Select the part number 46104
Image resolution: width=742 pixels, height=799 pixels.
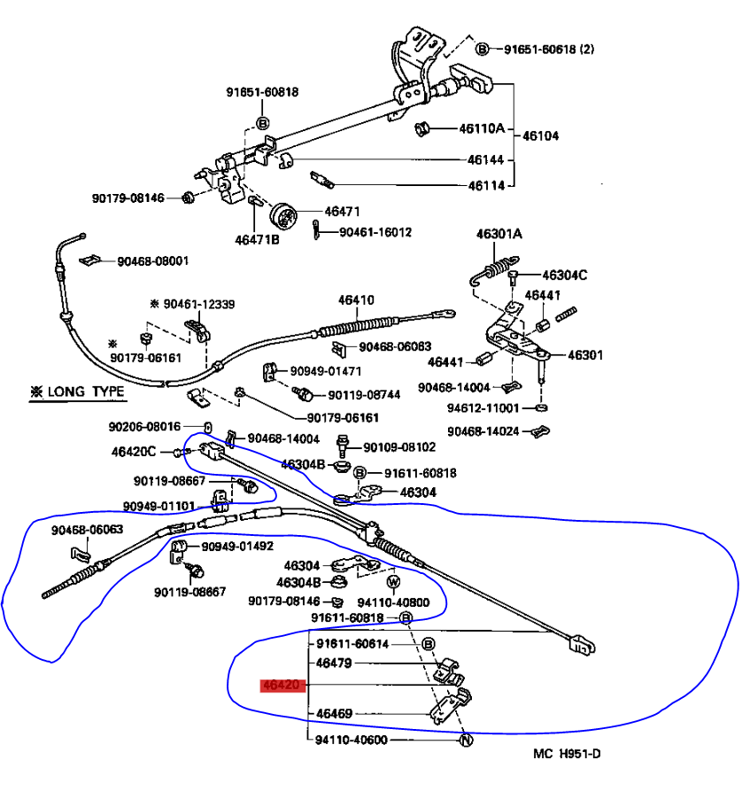point(540,136)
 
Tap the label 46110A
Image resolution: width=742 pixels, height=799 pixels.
point(481,128)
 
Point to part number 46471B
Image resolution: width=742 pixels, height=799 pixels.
point(257,239)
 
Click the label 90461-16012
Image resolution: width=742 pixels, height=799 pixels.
point(376,232)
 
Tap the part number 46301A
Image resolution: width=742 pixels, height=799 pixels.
point(499,234)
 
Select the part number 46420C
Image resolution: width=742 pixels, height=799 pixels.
point(133,452)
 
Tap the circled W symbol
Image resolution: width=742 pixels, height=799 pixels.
point(394,582)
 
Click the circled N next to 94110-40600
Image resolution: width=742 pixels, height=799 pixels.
point(464,741)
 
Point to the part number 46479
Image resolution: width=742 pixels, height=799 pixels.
point(334,662)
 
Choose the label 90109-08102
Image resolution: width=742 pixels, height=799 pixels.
point(399,447)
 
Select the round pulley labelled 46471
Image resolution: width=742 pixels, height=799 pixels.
point(284,215)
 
